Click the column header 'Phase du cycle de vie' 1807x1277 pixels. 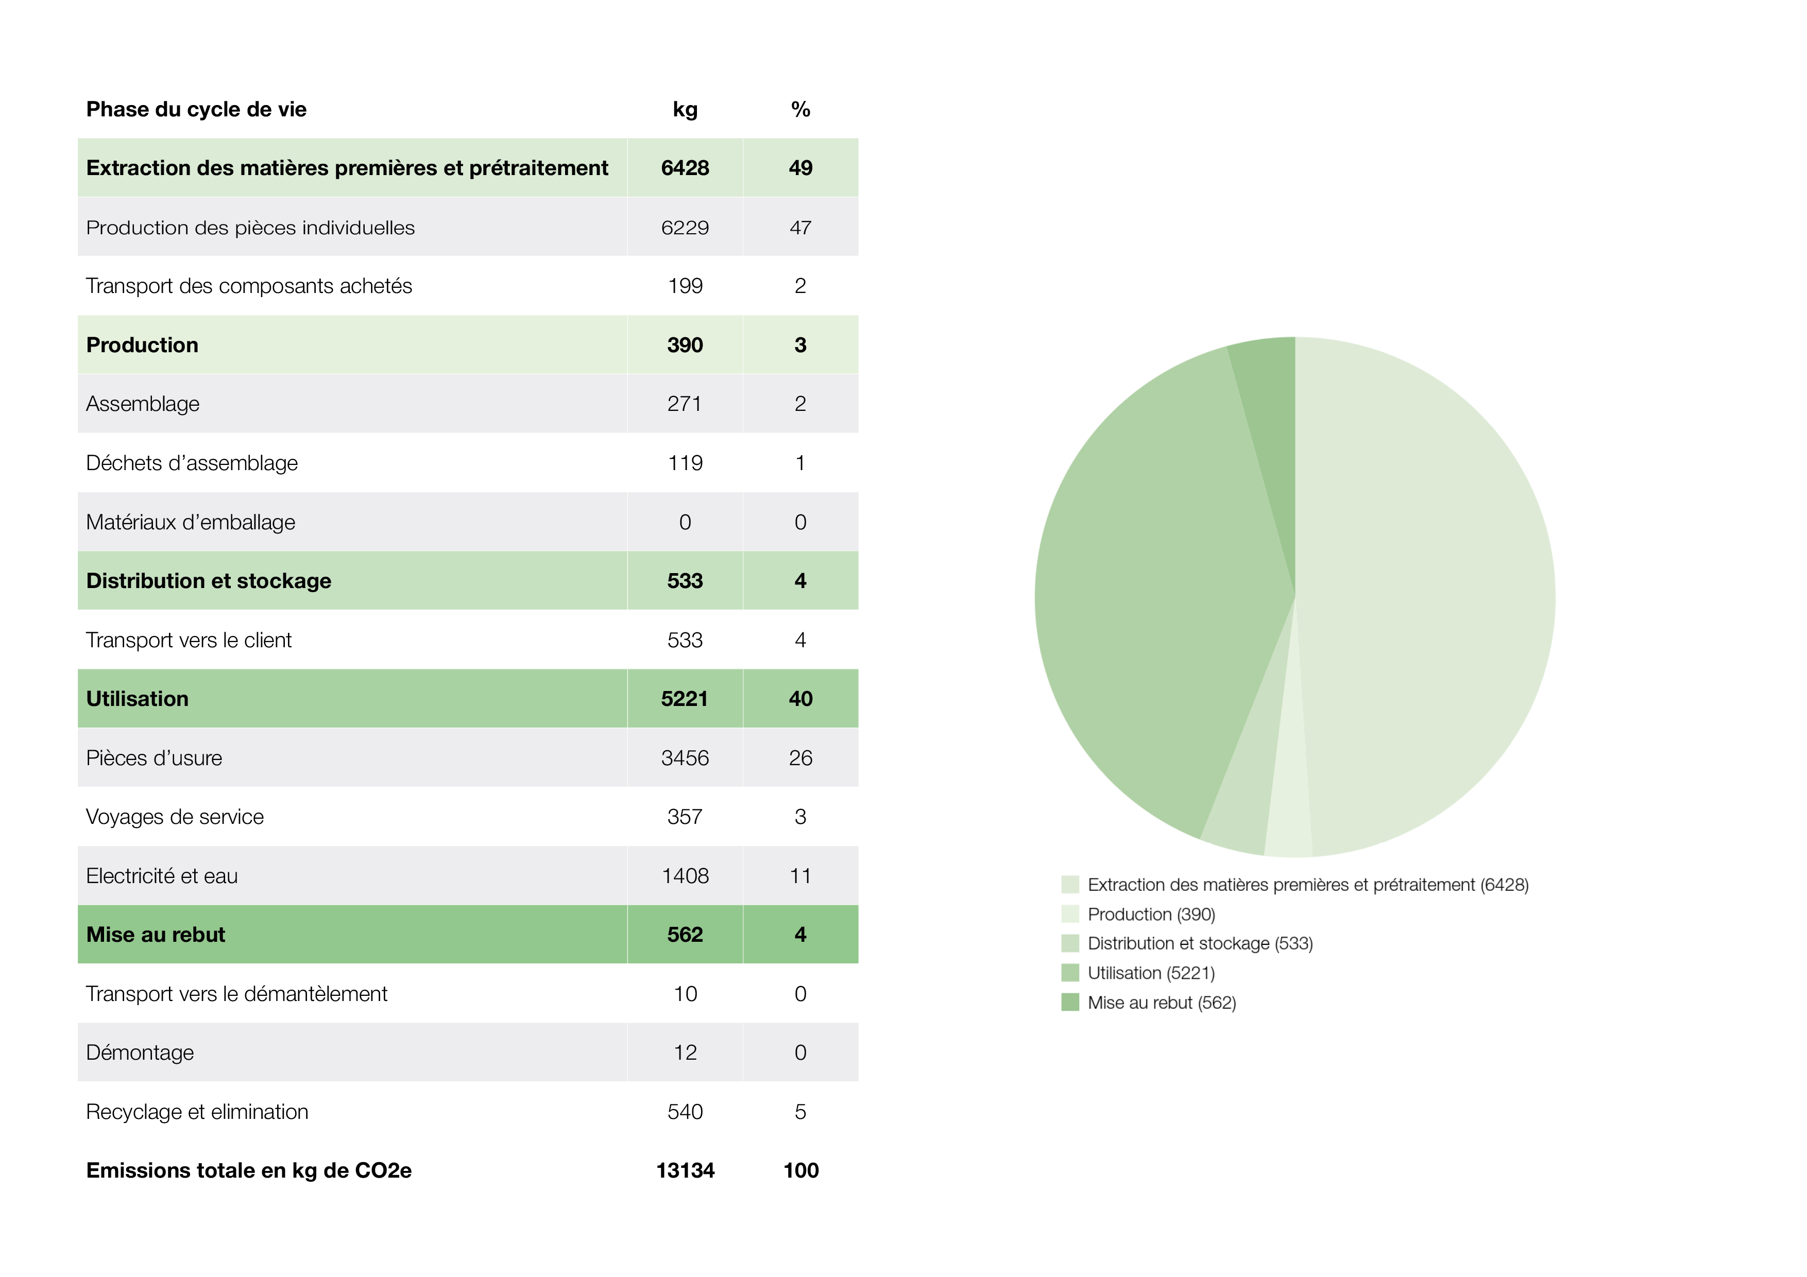click(x=196, y=109)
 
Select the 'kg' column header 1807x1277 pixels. click(x=685, y=109)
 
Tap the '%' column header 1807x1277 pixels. click(x=800, y=109)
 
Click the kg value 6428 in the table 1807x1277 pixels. click(x=685, y=167)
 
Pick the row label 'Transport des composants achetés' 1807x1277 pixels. click(x=249, y=286)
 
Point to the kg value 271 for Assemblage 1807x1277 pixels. click(x=684, y=404)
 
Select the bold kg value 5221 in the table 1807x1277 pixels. click(x=684, y=699)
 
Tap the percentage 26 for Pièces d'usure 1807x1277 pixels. click(x=800, y=757)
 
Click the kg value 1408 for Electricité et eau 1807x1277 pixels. click(x=685, y=876)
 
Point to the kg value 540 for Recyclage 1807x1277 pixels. click(x=685, y=1112)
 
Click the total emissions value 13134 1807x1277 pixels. click(x=685, y=1171)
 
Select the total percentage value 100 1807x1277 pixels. click(x=800, y=1171)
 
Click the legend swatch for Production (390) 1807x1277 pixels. click(x=1069, y=914)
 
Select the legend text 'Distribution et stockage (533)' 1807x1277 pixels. click(x=1199, y=943)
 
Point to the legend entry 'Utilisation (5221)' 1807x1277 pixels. click(x=1151, y=973)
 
